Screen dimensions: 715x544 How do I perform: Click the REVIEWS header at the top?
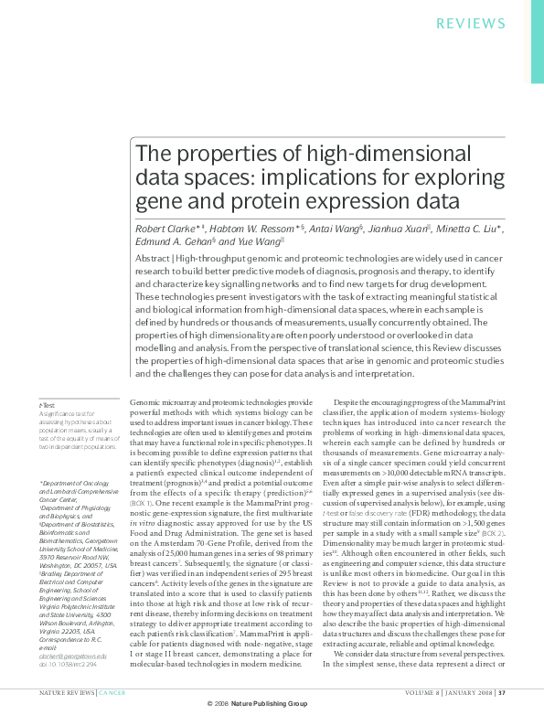pyautogui.click(x=496, y=23)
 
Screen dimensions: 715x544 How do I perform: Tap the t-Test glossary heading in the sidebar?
pyautogui.click(x=47, y=404)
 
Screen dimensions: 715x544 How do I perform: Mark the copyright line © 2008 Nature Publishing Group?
pyautogui.click(x=272, y=705)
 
